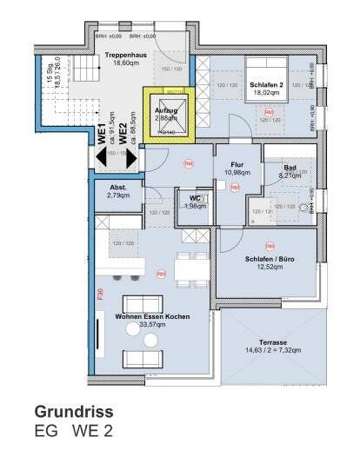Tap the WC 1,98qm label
[x=195, y=202]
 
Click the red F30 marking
[x=100, y=296]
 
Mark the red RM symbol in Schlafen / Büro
[x=270, y=246]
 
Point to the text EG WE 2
[x=73, y=430]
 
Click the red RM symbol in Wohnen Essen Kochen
[x=161, y=275]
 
